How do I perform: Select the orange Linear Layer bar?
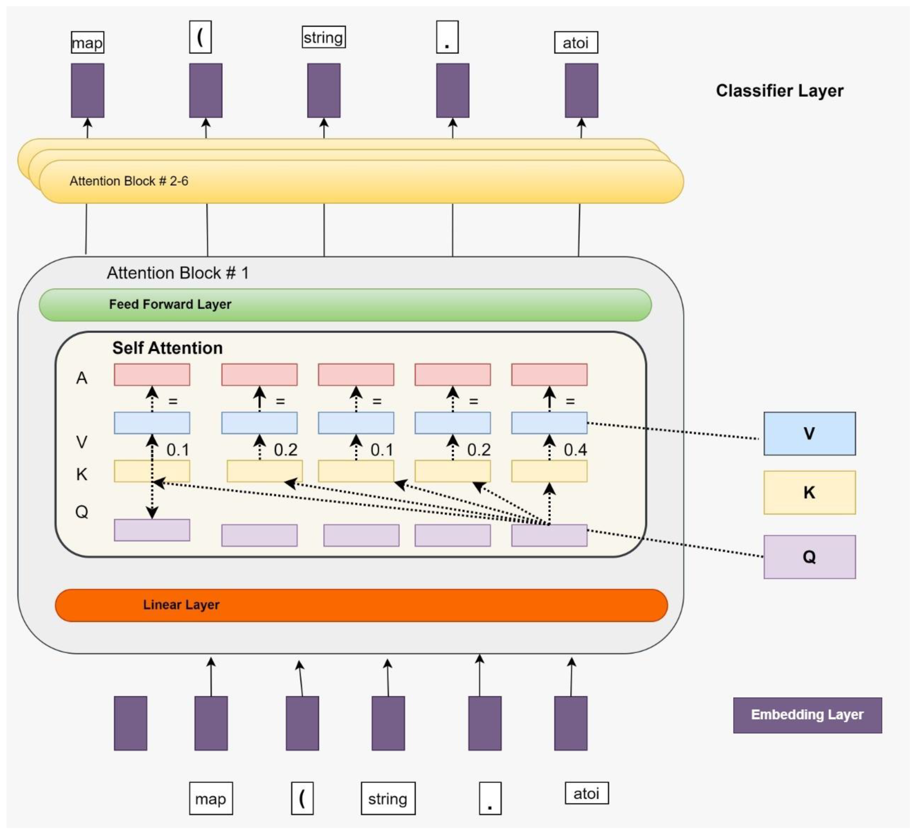pyautogui.click(x=362, y=605)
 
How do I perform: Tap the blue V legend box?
pyautogui.click(x=810, y=434)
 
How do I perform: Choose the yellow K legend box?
pyautogui.click(x=810, y=493)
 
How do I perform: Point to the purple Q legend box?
pyautogui.click(x=810, y=557)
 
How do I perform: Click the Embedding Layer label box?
pyautogui.click(x=807, y=715)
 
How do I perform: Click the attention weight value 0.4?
pyautogui.click(x=575, y=450)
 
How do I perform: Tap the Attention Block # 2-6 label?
pyautogui.click(x=129, y=181)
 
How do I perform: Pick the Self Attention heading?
pyautogui.click(x=167, y=348)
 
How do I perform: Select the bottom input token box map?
pyautogui.click(x=211, y=799)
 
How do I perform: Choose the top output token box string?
pyautogui.click(x=324, y=37)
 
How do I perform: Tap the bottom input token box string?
pyautogui.click(x=388, y=799)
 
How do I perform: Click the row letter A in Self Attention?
pyautogui.click(x=81, y=378)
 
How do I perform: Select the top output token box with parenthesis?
pyautogui.click(x=200, y=37)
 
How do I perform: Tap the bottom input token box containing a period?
pyautogui.click(x=490, y=799)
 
